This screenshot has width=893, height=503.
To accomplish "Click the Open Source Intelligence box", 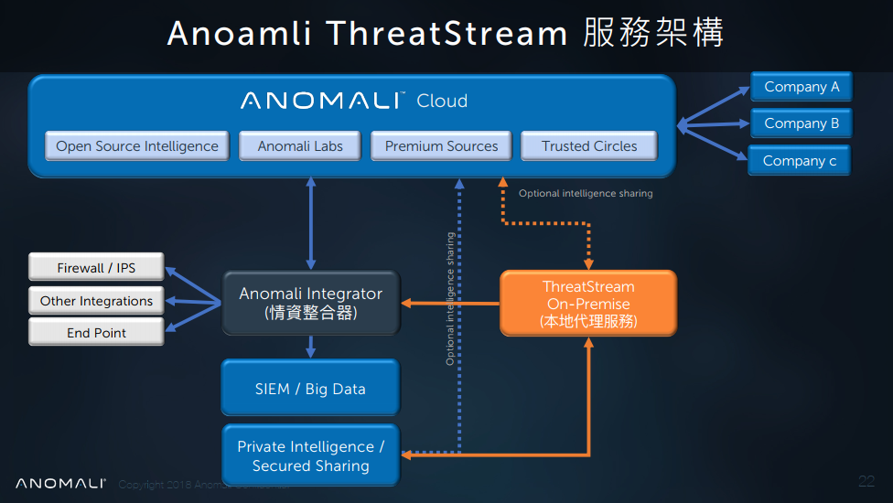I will [136, 146].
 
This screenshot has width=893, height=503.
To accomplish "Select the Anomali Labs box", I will [300, 146].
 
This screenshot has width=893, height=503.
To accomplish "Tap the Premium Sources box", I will [441, 146].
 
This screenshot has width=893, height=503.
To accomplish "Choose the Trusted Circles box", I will [589, 146].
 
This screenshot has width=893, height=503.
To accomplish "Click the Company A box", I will [802, 87].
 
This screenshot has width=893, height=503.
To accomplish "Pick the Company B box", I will [802, 123].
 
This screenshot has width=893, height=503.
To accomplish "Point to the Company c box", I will [800, 161].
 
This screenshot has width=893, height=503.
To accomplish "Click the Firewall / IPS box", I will [96, 268].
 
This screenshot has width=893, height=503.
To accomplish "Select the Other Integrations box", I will [96, 301].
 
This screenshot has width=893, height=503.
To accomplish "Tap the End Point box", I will [96, 333].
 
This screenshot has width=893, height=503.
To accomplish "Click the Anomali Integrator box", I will [311, 303].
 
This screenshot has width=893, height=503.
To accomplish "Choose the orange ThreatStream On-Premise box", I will [588, 304].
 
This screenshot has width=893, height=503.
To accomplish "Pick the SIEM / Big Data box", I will [310, 389].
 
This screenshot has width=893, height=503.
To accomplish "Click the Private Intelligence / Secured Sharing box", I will [310, 455].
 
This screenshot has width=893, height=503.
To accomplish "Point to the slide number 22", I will [866, 481].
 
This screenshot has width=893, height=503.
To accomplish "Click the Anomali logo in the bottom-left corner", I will [60, 484].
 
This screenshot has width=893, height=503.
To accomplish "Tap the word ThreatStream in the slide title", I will [446, 34].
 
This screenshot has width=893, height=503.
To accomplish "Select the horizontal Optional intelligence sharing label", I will [586, 194].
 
